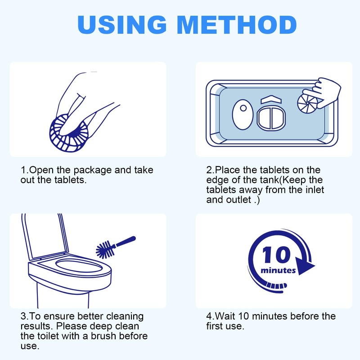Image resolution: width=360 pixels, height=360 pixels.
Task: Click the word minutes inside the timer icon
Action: click(x=279, y=270)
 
